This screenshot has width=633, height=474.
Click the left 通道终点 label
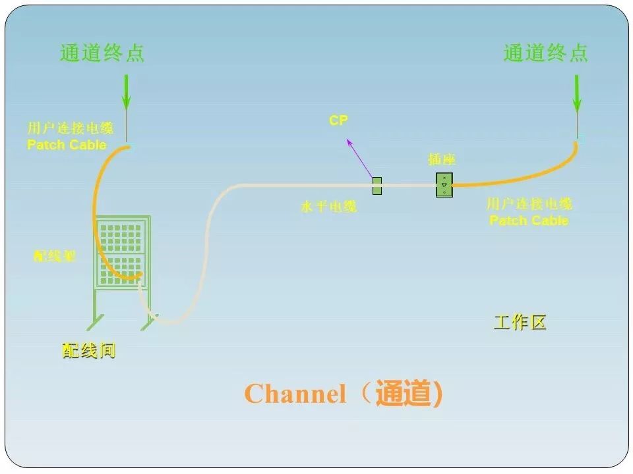[x=102, y=53]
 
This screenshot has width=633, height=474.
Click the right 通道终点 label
[x=545, y=53]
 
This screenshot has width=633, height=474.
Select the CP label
[x=338, y=120]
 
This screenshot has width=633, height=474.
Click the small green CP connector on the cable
[x=377, y=186]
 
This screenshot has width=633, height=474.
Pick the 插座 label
[x=441, y=160]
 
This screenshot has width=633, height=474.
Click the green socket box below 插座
[x=444, y=185]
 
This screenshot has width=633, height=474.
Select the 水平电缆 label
[x=328, y=207]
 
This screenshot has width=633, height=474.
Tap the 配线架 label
[x=55, y=256]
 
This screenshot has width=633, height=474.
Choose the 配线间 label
[x=89, y=351]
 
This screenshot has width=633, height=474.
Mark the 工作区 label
[x=520, y=323]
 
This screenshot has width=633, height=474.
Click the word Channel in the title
[x=295, y=394]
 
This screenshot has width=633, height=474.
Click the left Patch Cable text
[x=67, y=144]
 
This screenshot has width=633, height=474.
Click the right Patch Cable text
[x=529, y=220]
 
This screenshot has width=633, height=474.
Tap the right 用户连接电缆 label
[x=529, y=204]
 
